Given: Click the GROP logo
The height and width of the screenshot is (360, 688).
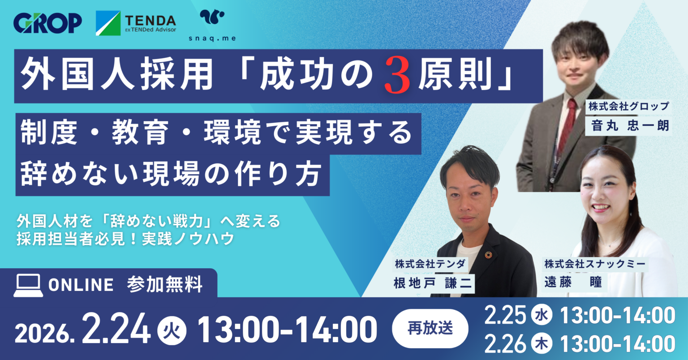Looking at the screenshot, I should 47,23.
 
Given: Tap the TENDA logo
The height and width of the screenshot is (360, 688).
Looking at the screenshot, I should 136,23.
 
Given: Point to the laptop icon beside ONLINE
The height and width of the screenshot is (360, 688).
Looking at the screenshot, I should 28,285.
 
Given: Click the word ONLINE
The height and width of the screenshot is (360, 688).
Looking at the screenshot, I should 81,285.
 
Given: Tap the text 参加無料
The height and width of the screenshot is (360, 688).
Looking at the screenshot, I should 165,285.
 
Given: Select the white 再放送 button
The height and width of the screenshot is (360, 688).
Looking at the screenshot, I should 430,328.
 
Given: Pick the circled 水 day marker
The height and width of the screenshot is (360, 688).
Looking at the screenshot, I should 542,316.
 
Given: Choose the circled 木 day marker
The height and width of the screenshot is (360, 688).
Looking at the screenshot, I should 542,344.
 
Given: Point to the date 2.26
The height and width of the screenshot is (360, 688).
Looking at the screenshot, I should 505,344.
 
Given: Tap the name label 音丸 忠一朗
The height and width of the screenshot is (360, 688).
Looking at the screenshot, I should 630,125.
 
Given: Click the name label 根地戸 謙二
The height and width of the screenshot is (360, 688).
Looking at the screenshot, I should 433,284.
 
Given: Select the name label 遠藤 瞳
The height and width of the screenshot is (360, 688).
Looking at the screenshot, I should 574,282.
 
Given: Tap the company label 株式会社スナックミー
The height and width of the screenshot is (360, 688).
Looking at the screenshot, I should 595,264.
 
